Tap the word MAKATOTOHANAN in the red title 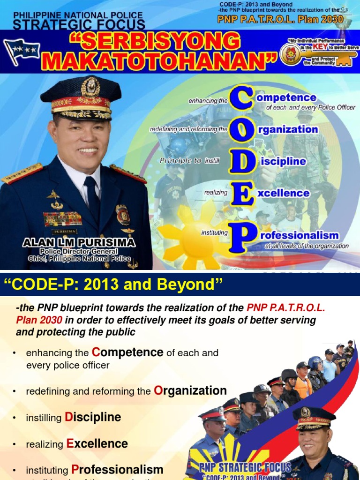(161, 61)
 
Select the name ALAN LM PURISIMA (79, 242)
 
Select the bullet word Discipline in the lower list (93, 417)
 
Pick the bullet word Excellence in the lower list (97, 443)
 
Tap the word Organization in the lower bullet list (190, 390)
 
